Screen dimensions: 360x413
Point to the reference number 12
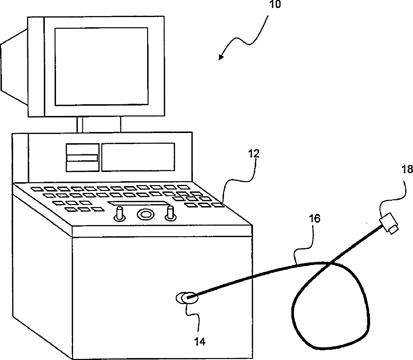click(254, 154)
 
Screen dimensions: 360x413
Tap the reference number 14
click(200, 341)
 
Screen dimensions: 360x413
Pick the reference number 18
click(407, 170)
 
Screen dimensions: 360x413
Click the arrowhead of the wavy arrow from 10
click(221, 58)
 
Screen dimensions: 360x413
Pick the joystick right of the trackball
click(170, 212)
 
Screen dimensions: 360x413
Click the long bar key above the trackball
click(139, 203)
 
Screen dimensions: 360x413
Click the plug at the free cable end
click(391, 225)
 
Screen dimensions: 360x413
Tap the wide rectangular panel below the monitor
click(138, 157)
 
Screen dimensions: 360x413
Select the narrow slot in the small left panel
click(81, 157)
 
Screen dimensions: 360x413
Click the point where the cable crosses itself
click(330, 264)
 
